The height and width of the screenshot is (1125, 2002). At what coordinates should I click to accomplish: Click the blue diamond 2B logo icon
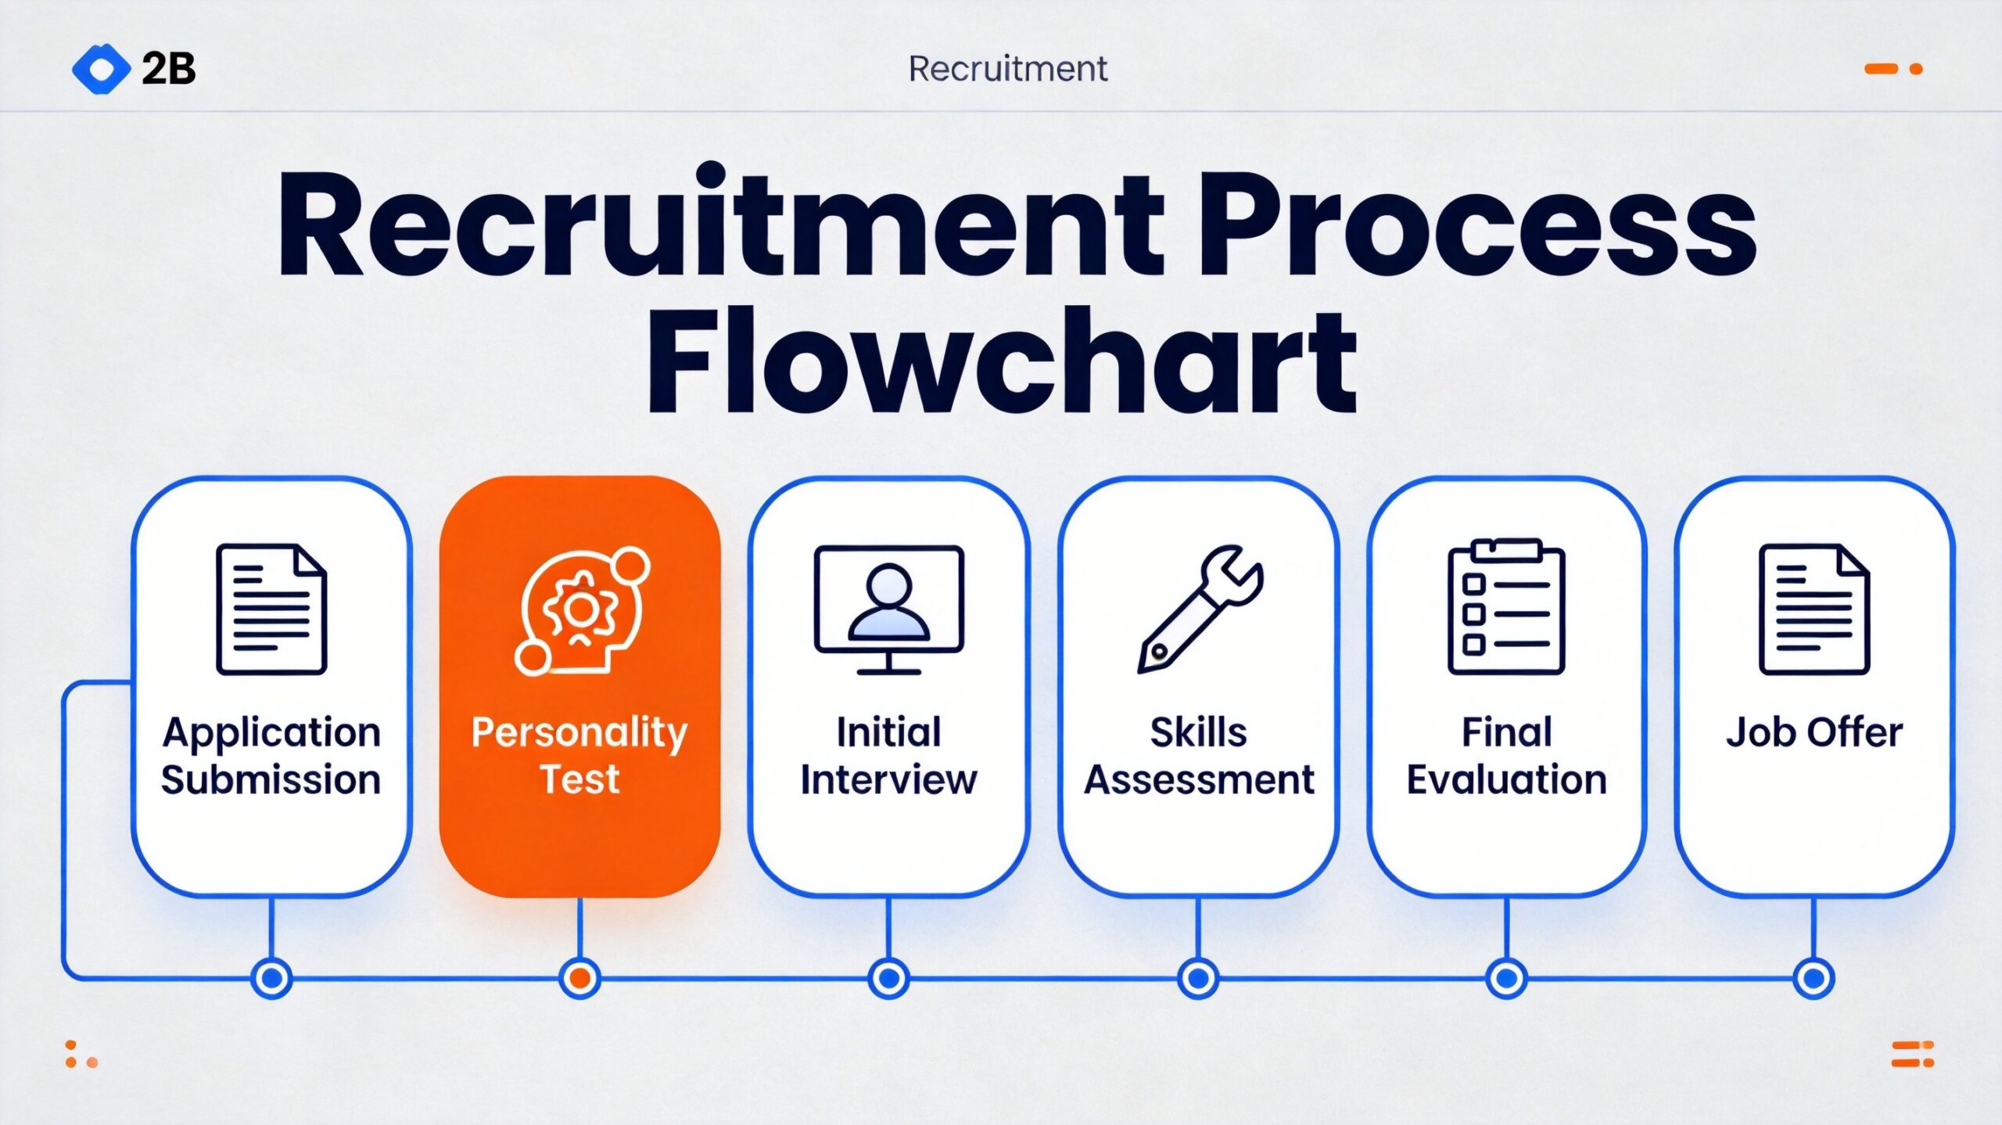[x=101, y=69]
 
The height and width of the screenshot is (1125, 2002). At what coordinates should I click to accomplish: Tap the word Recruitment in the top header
[x=1007, y=69]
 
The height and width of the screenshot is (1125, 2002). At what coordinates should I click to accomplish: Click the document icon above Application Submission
[x=271, y=609]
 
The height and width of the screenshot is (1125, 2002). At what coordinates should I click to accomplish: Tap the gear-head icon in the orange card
[x=581, y=610]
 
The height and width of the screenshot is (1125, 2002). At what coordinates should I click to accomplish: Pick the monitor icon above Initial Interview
[x=888, y=609]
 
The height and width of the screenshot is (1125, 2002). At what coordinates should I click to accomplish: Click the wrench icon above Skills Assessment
[x=1200, y=609]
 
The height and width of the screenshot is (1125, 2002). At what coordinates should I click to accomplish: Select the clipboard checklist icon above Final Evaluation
[x=1506, y=607]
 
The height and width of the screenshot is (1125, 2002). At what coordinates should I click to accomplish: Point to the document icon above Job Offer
[x=1814, y=609]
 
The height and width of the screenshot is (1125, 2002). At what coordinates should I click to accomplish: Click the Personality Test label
[x=579, y=755]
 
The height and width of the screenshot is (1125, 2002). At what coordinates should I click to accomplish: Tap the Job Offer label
[x=1814, y=733]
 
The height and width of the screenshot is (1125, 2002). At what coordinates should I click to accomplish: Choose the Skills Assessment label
[x=1199, y=756]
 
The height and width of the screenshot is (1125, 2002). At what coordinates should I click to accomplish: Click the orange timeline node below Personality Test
[x=579, y=978]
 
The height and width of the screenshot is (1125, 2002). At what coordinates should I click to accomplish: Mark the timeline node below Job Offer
[x=1814, y=978]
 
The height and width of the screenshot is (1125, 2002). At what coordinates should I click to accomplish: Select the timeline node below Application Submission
[x=271, y=978]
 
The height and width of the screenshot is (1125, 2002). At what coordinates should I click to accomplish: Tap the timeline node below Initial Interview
[x=888, y=978]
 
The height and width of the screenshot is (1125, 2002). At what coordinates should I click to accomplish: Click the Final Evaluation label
[x=1506, y=756]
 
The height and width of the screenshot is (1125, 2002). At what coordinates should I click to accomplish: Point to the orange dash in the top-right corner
[x=1881, y=69]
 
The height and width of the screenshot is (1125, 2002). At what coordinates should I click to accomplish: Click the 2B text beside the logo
[x=168, y=69]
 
